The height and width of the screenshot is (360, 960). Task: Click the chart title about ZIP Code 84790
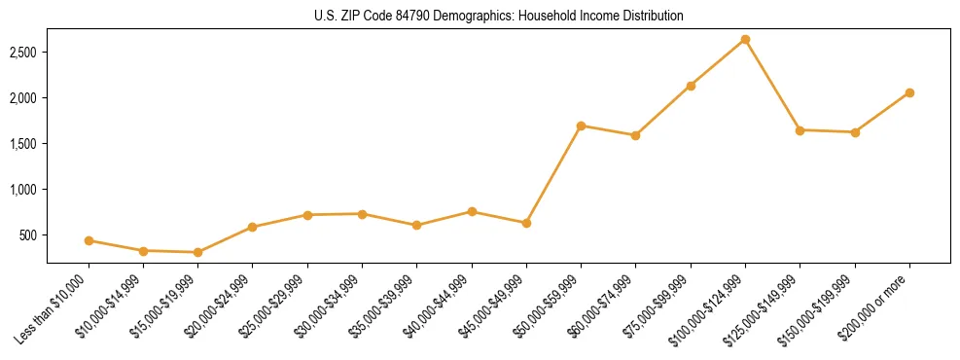pyautogui.click(x=499, y=16)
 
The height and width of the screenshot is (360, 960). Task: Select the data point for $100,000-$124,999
pyautogui.click(x=745, y=39)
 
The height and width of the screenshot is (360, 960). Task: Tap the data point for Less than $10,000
pyautogui.click(x=89, y=240)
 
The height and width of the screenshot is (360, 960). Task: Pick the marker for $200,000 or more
pyautogui.click(x=909, y=92)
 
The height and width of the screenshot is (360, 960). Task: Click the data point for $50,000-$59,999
pyautogui.click(x=581, y=126)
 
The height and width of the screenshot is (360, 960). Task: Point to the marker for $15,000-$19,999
pyautogui.click(x=198, y=253)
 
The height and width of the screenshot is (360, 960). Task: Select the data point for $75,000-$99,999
pyautogui.click(x=691, y=86)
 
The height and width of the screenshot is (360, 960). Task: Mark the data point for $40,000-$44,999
pyautogui.click(x=472, y=211)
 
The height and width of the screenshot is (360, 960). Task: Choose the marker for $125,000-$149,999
pyautogui.click(x=800, y=130)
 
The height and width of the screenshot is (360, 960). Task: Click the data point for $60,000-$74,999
pyautogui.click(x=635, y=135)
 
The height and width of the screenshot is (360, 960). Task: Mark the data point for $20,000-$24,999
pyautogui.click(x=253, y=227)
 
